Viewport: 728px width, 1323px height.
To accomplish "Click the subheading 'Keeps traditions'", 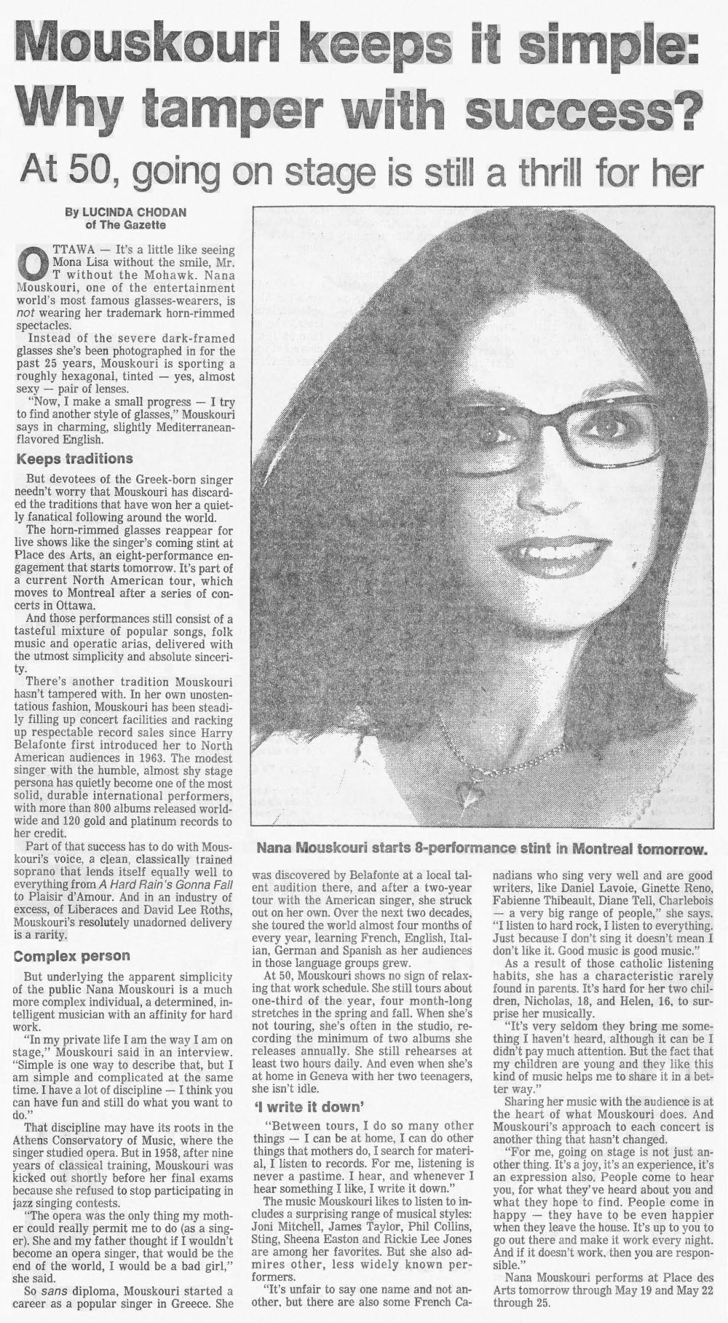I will pyautogui.click(x=75, y=459).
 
